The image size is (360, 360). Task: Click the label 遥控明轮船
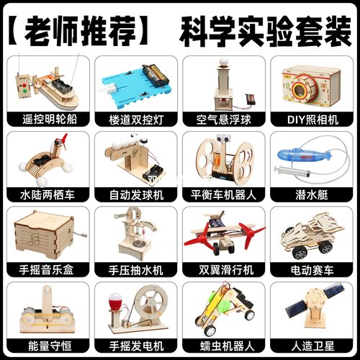(x=47, y=116)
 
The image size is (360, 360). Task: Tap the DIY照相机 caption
(x=311, y=116)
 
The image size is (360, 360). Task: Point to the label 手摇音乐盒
(x=47, y=271)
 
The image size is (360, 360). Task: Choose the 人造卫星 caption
(x=311, y=348)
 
